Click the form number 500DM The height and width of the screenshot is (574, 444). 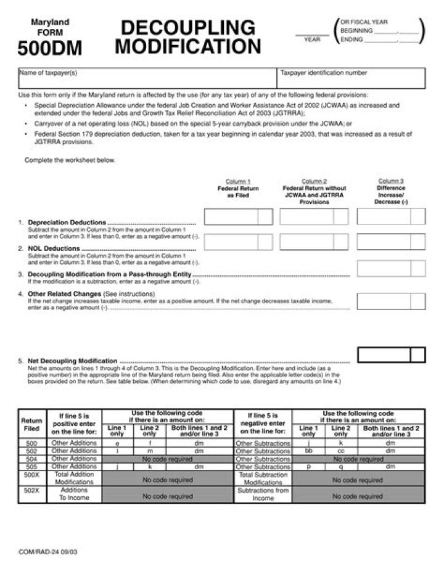pyautogui.click(x=49, y=48)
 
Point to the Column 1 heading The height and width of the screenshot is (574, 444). pyautogui.click(x=238, y=181)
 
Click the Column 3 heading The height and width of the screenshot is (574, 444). pyautogui.click(x=391, y=181)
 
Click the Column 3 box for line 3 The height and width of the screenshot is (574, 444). pyautogui.click(x=391, y=268)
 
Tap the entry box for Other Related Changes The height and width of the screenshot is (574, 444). pyautogui.click(x=391, y=301)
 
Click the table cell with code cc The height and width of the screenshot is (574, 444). pyautogui.click(x=341, y=451)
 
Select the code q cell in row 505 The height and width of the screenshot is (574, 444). pyautogui.click(x=341, y=467)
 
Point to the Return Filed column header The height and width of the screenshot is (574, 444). pyautogui.click(x=31, y=425)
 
